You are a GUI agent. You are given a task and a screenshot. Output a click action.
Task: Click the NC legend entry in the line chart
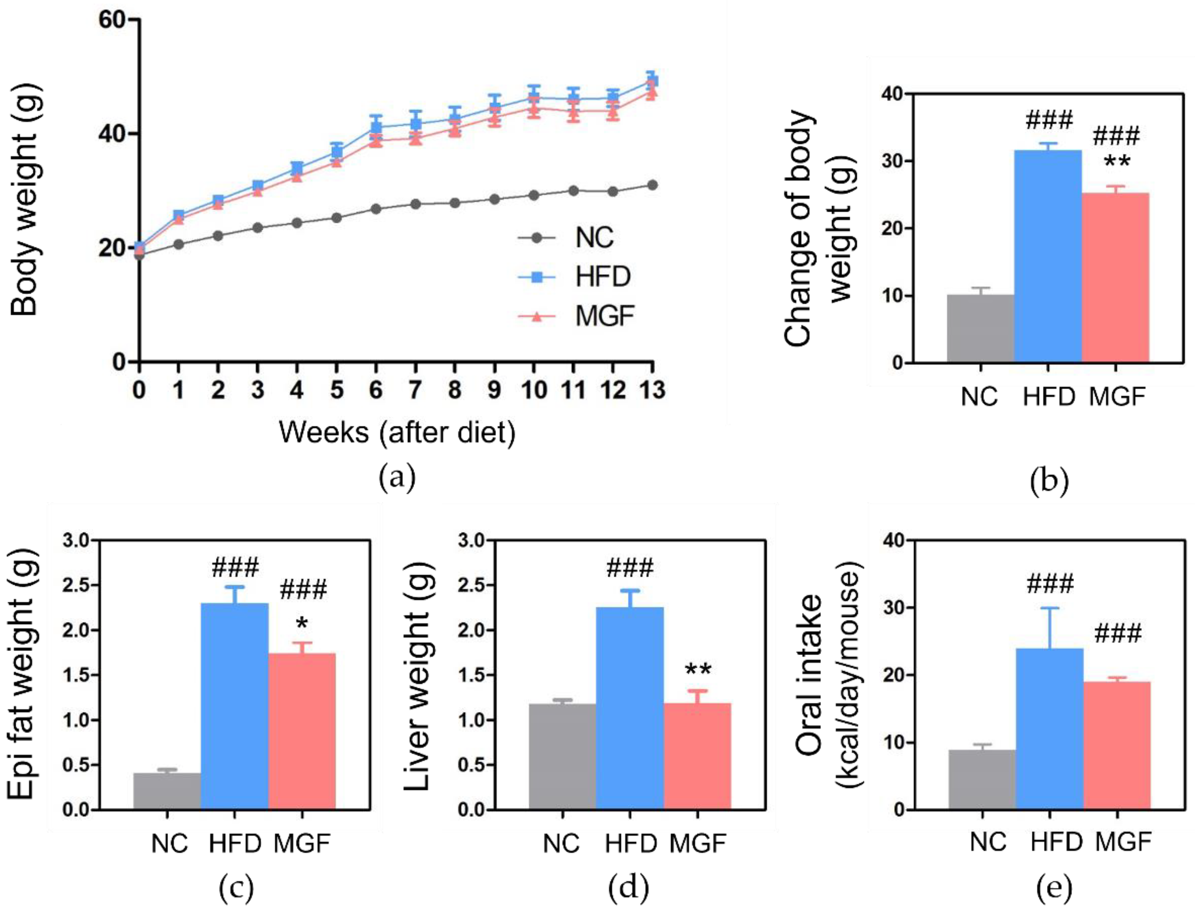(594, 237)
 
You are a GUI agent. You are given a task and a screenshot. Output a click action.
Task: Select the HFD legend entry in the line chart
(602, 277)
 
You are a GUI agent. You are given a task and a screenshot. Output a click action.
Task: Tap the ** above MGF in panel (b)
(1116, 162)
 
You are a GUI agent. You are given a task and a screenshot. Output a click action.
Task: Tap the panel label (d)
(628, 887)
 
